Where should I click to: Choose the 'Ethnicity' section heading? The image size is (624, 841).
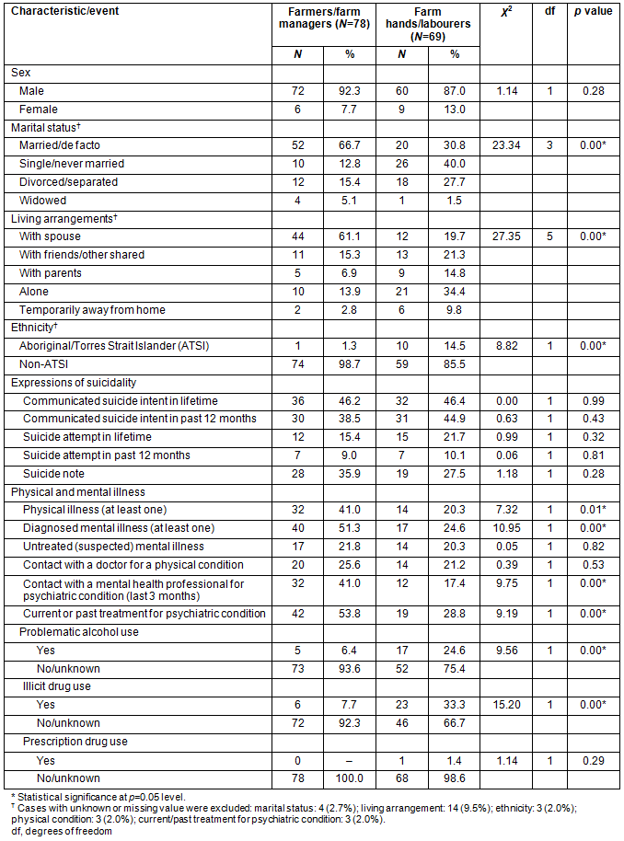click(x=39, y=328)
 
